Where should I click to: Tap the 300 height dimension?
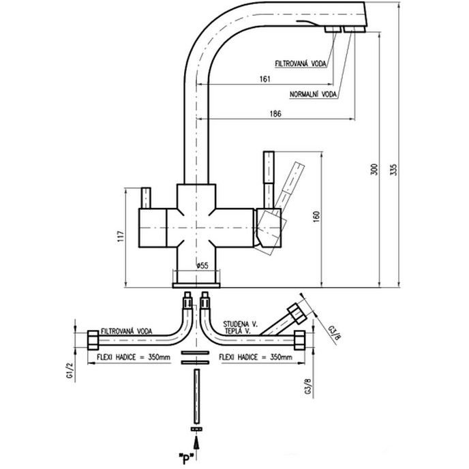click(373, 171)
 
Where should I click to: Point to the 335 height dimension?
click(392, 171)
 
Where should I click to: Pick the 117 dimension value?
click(120, 237)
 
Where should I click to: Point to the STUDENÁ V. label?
click(238, 322)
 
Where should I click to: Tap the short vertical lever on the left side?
click(145, 198)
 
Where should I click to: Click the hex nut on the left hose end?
click(93, 339)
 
